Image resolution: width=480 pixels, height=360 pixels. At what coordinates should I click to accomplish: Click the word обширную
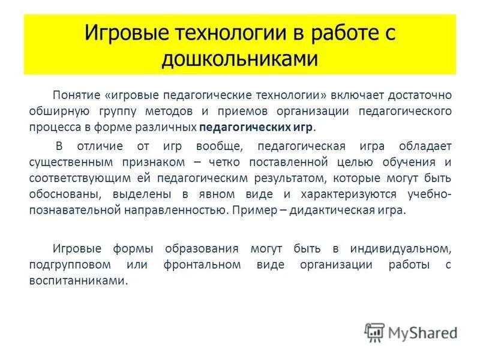55,112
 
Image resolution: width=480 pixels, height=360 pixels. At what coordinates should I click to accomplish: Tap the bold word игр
302,128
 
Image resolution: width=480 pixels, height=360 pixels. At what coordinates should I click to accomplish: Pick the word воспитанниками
77,281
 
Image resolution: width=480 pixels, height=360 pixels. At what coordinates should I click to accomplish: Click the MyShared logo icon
375,332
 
